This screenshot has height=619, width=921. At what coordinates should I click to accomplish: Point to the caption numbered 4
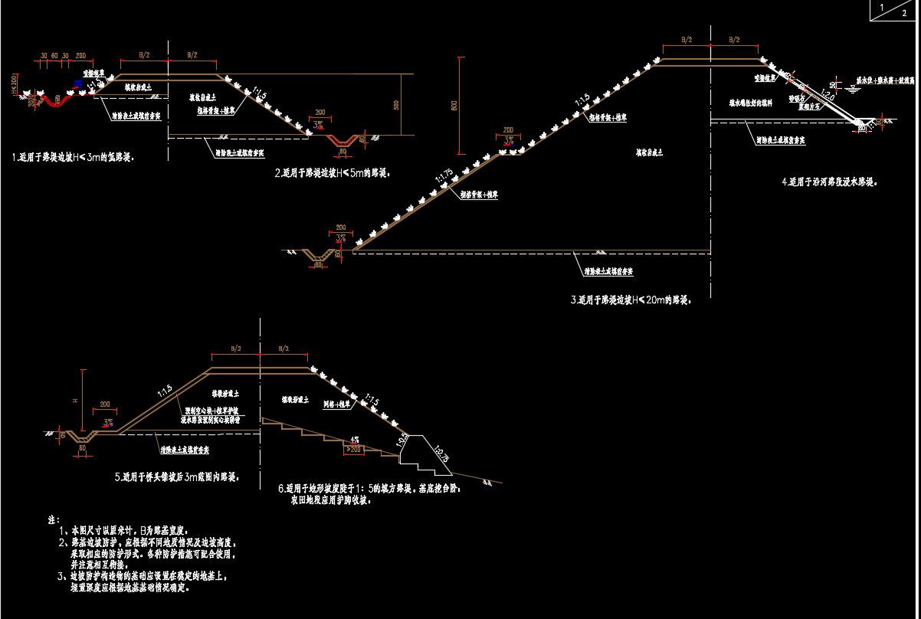coord(829,182)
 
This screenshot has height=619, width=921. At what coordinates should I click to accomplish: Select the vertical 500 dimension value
coord(396,105)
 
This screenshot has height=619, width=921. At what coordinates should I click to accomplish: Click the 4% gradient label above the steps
coord(354,440)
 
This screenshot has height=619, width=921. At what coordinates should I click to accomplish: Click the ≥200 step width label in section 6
coord(353,449)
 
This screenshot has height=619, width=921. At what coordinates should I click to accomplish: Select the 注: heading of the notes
coord(54,519)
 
